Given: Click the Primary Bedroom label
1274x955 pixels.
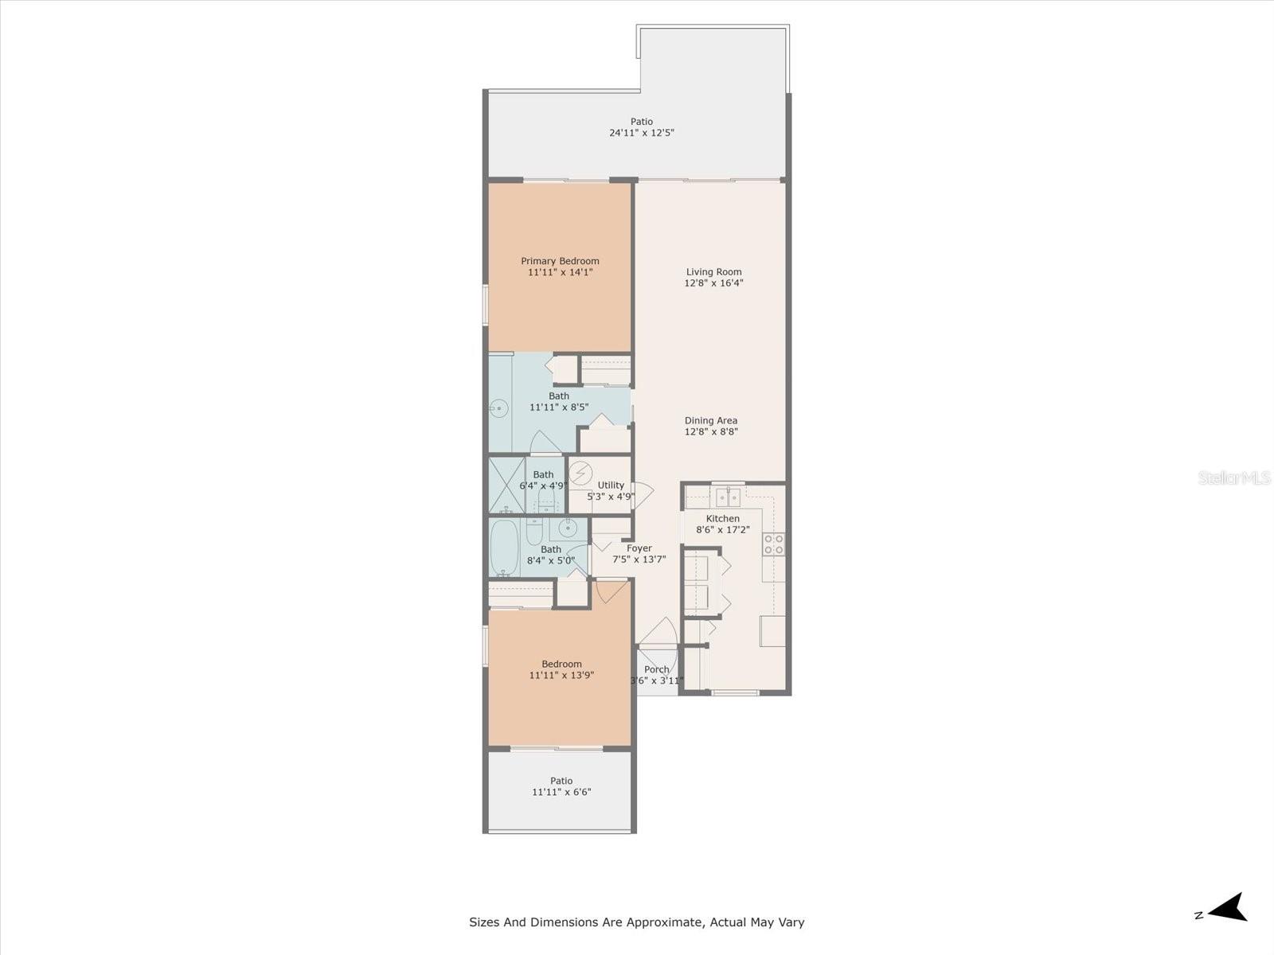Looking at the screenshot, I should [560, 261].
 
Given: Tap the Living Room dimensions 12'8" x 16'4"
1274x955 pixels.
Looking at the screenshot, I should [713, 283].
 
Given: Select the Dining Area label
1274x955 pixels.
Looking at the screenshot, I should [711, 420].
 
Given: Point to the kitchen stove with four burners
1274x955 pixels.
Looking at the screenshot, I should [774, 544].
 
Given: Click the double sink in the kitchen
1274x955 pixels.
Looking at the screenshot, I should [728, 497].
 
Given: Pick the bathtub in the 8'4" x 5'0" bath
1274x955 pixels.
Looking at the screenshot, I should [505, 548].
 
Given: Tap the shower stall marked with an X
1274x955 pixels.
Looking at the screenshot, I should [506, 484].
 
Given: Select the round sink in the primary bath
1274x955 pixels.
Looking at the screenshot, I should [498, 410].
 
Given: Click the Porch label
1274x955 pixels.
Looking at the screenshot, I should [657, 669].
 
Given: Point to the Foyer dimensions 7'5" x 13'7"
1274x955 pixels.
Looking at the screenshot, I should [639, 559].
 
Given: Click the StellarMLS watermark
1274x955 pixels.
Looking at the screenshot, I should [1233, 478].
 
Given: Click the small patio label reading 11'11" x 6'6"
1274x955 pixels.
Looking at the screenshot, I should [561, 792].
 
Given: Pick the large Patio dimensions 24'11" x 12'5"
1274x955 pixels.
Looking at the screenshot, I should [642, 133].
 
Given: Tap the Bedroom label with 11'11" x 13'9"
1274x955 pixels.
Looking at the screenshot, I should [561, 665].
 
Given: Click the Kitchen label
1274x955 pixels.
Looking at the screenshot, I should [722, 518].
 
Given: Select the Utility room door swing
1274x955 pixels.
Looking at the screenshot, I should [642, 494].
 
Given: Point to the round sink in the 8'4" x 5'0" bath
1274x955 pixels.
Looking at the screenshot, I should [568, 527].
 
